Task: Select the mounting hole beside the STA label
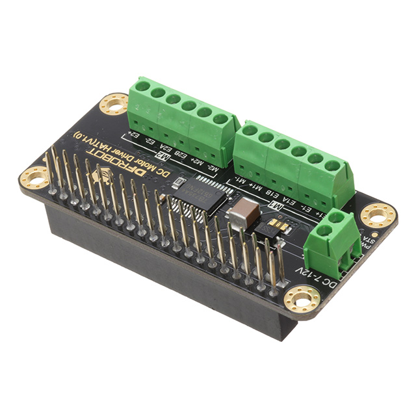[378, 214]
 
